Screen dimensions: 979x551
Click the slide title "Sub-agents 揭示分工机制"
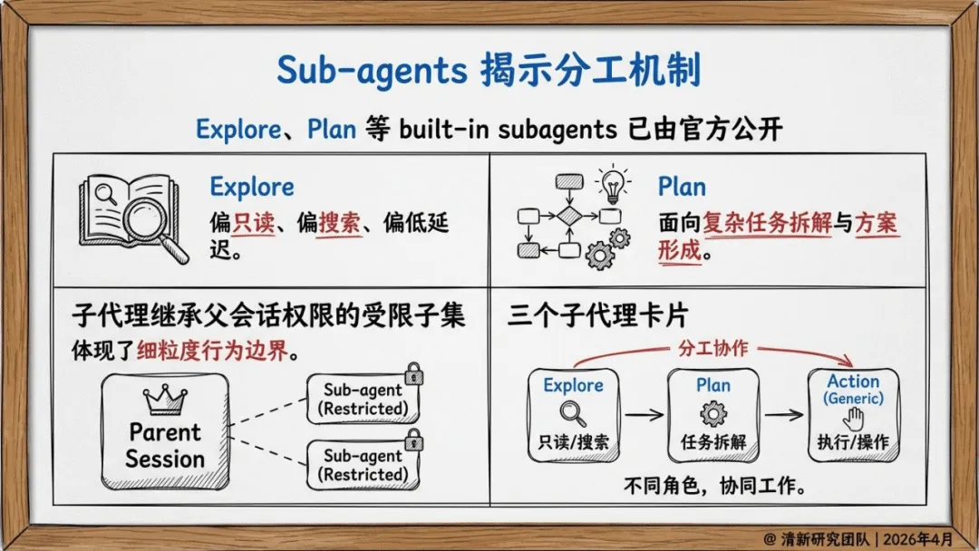[x=489, y=71]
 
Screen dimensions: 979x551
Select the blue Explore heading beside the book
[x=252, y=187]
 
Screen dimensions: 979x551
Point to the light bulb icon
[x=614, y=184]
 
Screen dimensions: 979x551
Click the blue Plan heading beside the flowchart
[x=682, y=187]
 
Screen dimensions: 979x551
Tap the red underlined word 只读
[x=253, y=222]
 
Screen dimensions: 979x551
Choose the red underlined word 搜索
[x=340, y=222]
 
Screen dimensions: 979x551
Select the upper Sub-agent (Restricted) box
[x=363, y=400]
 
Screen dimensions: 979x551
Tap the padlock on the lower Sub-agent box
[x=413, y=440]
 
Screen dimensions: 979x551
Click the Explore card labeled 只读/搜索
[x=573, y=414]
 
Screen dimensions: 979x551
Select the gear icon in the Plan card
[x=713, y=413]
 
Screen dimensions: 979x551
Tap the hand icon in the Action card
[x=853, y=419]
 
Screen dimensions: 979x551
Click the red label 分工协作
[x=713, y=348]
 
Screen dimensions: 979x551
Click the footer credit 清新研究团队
[x=815, y=536]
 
